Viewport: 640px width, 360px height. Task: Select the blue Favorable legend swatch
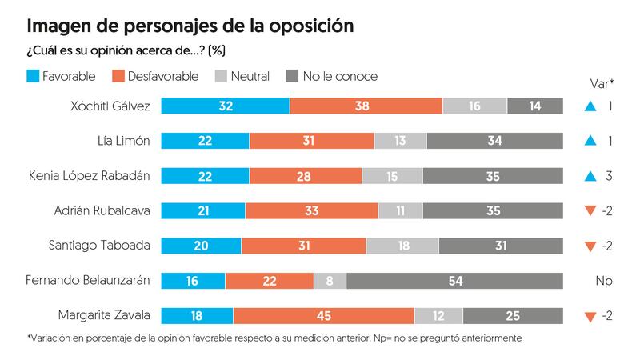coord(34,77)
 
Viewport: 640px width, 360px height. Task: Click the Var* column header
coord(601,82)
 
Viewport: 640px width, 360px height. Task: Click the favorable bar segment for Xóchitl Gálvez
coord(226,106)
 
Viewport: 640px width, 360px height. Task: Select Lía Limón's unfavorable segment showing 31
coord(311,141)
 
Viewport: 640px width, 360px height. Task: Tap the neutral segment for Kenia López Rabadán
coord(392,176)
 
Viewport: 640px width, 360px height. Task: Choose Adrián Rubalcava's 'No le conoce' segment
coord(493,211)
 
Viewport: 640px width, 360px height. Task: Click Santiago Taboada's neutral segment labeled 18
coord(402,246)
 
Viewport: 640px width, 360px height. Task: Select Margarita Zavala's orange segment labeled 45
coord(323,316)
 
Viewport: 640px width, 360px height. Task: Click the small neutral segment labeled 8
coord(330,281)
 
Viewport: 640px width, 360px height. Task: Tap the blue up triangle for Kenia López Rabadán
coord(590,176)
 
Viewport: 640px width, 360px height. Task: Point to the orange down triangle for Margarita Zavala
coord(590,317)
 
